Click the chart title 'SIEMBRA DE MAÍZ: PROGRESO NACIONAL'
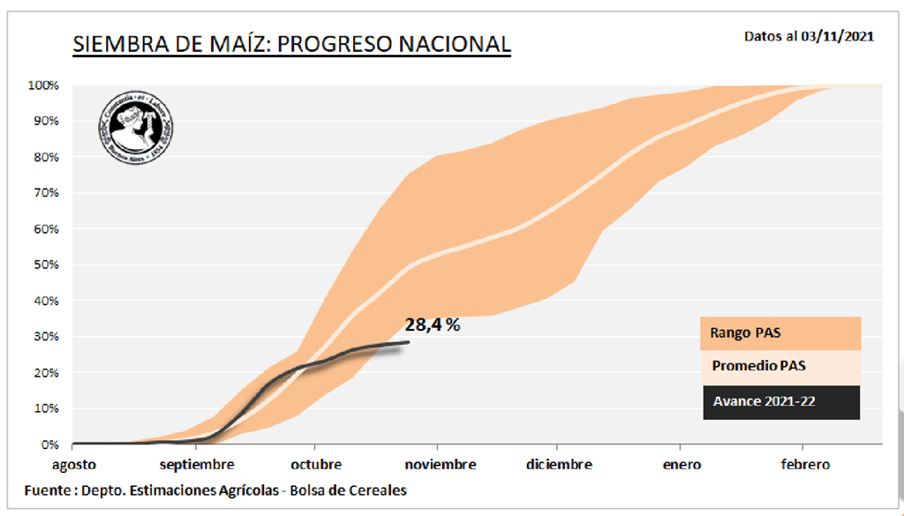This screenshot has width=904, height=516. [291, 44]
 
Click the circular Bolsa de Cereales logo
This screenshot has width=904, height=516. [135, 127]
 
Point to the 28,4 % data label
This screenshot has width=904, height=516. [433, 325]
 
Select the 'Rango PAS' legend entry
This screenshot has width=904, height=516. [780, 333]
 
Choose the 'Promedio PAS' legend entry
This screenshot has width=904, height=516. [780, 367]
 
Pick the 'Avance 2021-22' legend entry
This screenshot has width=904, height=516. [780, 402]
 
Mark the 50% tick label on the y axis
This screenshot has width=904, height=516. [45, 265]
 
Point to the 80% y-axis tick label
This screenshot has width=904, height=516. [45, 157]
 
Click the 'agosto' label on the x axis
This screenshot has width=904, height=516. [72, 465]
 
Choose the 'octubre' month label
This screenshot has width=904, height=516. [315, 465]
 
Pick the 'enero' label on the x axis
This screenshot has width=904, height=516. [679, 465]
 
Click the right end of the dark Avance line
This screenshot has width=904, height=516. [409, 342]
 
